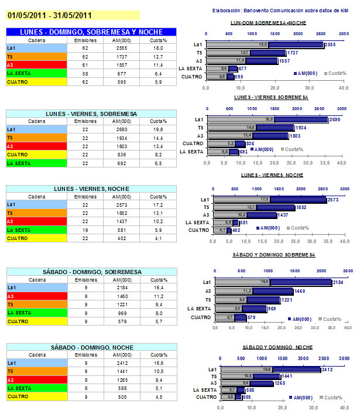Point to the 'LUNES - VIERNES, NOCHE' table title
click(91, 189)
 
